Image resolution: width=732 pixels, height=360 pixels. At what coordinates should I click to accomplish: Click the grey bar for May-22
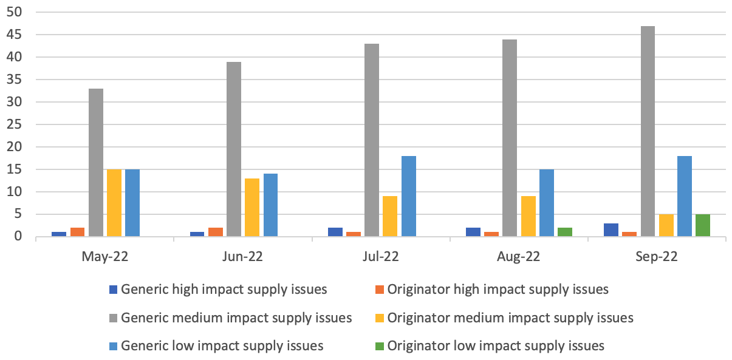pyautogui.click(x=96, y=163)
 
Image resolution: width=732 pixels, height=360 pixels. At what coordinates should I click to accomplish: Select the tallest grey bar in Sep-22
pyautogui.click(x=648, y=131)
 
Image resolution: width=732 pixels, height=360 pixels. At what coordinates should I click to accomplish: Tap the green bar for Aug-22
pyautogui.click(x=565, y=232)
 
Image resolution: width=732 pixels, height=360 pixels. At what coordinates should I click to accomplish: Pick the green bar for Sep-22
pyautogui.click(x=703, y=225)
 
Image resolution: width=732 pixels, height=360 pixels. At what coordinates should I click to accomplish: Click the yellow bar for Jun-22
pyautogui.click(x=252, y=208)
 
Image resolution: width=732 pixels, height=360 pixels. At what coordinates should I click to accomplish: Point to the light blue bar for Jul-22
pyautogui.click(x=408, y=196)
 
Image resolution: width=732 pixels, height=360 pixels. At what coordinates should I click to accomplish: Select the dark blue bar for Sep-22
pyautogui.click(x=611, y=230)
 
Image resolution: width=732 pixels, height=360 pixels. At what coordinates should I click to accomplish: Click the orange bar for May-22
pyautogui.click(x=77, y=232)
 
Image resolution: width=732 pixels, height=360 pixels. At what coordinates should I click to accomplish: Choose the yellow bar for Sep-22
pyautogui.click(x=666, y=225)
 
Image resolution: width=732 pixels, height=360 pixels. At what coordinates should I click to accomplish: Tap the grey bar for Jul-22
pyautogui.click(x=372, y=140)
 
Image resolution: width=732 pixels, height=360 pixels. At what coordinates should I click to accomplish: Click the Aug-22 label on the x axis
pyautogui.click(x=519, y=257)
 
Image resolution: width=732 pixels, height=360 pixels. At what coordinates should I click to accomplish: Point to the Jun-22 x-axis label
pyautogui.click(x=242, y=257)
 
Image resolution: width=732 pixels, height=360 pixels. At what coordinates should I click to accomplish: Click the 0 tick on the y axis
pyautogui.click(x=19, y=237)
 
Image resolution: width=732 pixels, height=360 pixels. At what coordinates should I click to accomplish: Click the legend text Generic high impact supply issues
pyautogui.click(x=224, y=290)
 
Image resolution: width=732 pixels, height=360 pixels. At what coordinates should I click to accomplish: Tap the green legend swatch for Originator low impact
pyautogui.click(x=380, y=347)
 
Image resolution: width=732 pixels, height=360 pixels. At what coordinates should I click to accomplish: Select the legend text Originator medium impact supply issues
pyautogui.click(x=510, y=318)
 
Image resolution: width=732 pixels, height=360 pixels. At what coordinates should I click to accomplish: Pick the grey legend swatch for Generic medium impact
pyautogui.click(x=113, y=318)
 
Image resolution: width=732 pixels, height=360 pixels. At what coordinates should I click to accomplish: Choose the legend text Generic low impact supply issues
pyautogui.click(x=222, y=346)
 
